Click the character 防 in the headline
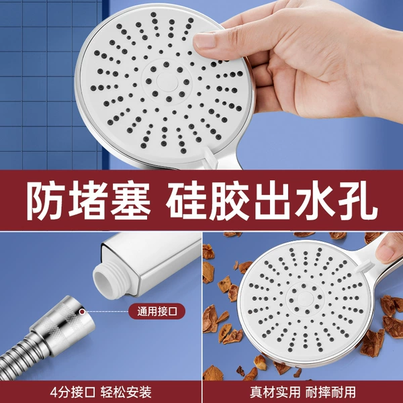tap(46, 201)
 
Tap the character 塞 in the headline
tap(131, 201)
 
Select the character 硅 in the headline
tap(187, 201)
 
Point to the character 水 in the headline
tap(316, 201)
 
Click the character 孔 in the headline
tap(358, 201)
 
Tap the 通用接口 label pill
tap(157, 311)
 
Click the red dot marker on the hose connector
tap(82, 312)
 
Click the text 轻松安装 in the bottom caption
tap(126, 392)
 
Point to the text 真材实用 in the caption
tap(275, 392)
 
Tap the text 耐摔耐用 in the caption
tap(330, 392)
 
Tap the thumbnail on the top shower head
tap(205, 41)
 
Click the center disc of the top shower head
tap(167, 82)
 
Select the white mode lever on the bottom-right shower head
tap(363, 266)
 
